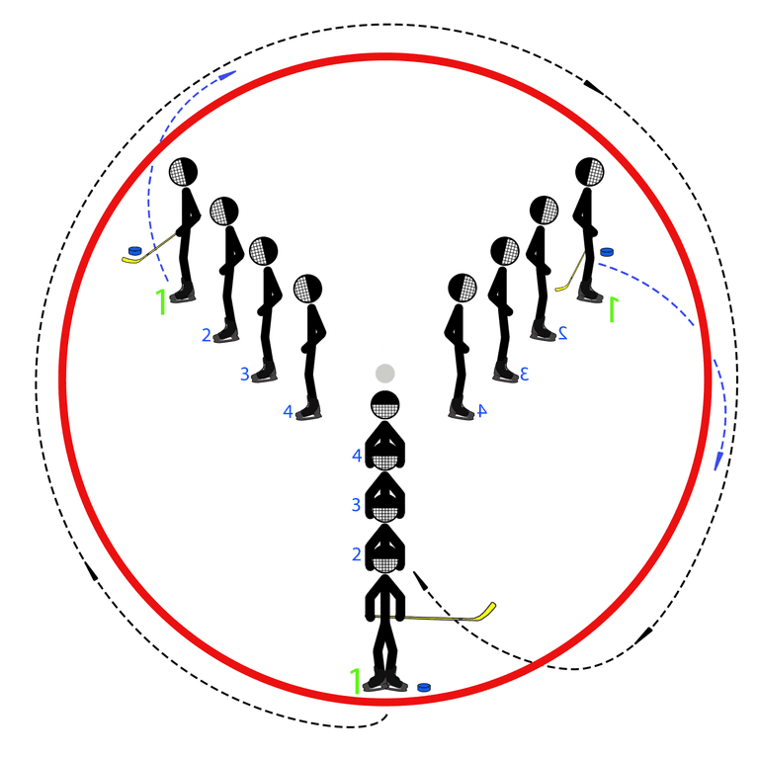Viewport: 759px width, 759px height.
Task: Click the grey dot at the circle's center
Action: pos(385,374)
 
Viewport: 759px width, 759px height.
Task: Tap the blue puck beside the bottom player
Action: pos(424,686)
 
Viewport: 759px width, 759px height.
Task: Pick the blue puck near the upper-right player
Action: pos(607,253)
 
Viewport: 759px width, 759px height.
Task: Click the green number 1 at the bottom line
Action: pos(355,680)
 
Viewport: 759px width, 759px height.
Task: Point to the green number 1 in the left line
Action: pos(160,301)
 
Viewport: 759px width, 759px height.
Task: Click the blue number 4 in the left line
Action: pos(289,411)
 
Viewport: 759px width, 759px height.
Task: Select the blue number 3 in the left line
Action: pos(244,375)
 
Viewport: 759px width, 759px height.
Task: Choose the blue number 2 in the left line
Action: pos(207,335)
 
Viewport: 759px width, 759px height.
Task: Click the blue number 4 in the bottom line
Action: pos(358,456)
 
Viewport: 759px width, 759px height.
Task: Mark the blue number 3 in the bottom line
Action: pos(357,505)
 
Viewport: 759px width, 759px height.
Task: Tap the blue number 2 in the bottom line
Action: pos(357,554)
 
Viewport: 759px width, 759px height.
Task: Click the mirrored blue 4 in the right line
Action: pos(482,410)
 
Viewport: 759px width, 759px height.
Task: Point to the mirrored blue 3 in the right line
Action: pos(526,374)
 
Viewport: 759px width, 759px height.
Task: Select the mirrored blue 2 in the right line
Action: pos(562,332)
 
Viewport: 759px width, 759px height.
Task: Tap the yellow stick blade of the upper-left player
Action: pos(130,260)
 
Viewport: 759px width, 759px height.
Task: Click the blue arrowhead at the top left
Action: pos(228,73)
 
